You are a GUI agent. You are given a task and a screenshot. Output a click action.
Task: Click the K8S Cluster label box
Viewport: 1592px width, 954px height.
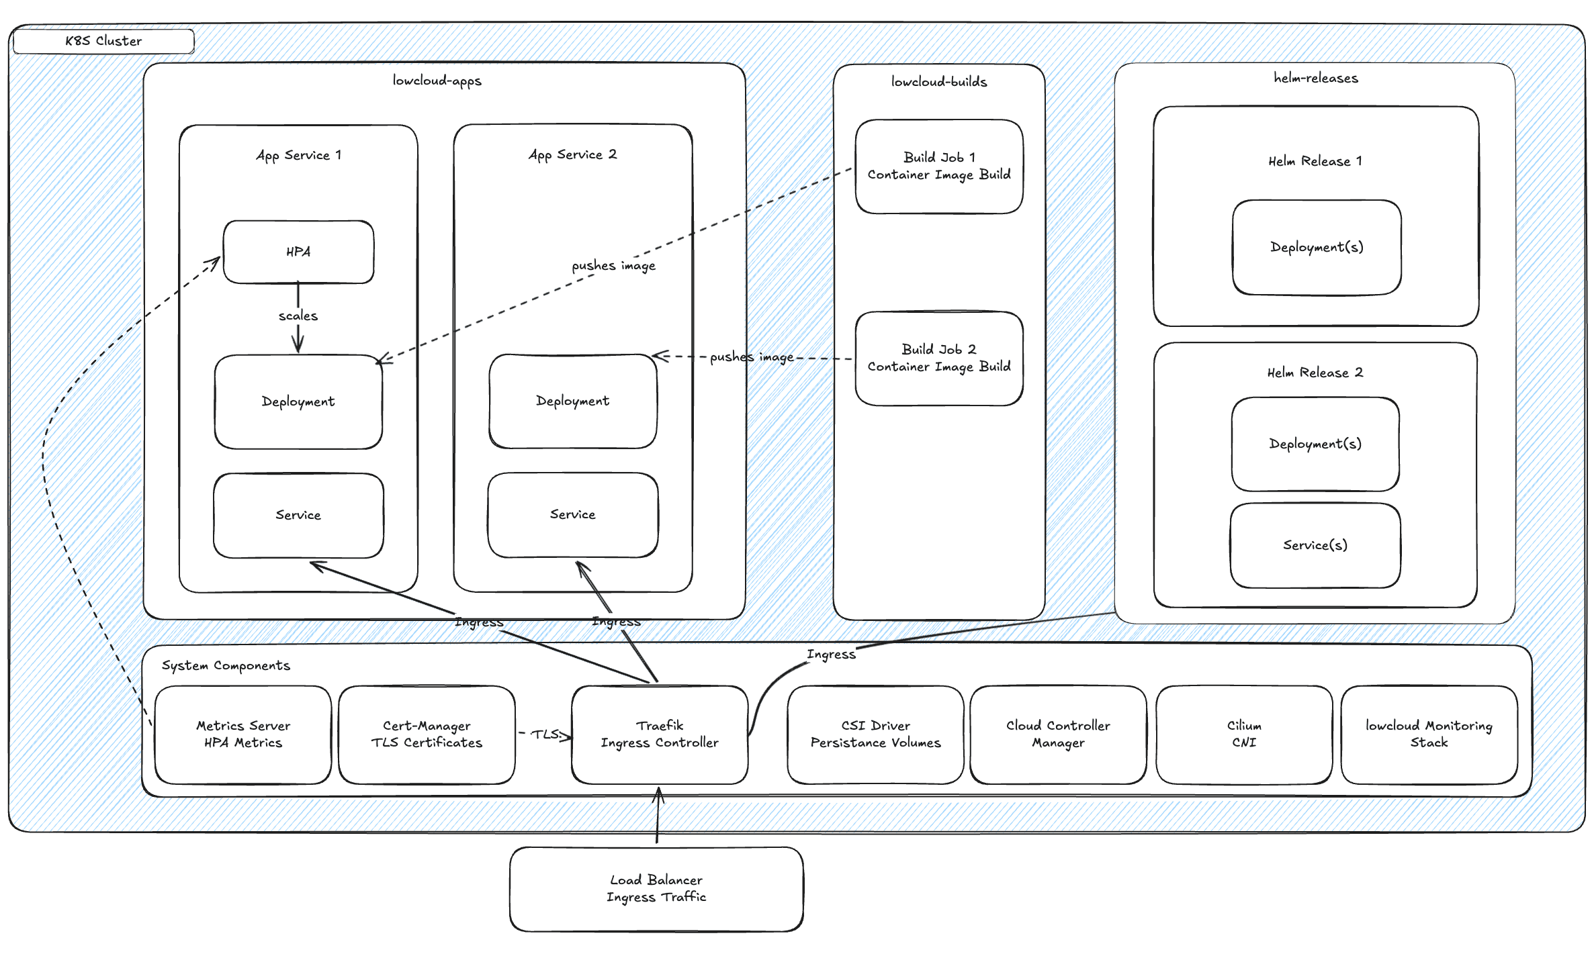103,41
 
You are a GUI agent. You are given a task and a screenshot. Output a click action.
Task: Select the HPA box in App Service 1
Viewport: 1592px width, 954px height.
298,252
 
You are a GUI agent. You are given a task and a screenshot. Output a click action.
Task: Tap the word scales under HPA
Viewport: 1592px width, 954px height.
298,316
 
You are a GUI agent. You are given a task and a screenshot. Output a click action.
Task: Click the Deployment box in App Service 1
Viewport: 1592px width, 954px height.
298,401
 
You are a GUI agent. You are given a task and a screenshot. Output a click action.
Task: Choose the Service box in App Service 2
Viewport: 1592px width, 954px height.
572,514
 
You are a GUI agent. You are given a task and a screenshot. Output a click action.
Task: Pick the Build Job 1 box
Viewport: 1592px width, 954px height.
938,166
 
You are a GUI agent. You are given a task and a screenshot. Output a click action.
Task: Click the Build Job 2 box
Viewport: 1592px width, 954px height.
938,358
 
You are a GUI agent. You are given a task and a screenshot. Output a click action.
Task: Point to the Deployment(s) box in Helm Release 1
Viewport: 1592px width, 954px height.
1317,247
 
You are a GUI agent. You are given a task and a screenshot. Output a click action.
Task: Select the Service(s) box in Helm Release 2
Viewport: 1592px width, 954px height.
1315,545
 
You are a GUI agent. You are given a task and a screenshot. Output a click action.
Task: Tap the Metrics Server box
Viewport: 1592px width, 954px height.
243,734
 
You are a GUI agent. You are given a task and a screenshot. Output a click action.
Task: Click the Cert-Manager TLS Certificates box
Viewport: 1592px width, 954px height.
427,734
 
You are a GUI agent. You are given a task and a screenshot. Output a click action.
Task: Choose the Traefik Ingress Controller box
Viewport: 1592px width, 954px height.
659,734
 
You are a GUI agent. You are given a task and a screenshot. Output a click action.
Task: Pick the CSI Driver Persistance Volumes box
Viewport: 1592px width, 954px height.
875,734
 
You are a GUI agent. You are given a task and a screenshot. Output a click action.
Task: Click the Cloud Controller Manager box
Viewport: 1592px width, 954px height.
1058,734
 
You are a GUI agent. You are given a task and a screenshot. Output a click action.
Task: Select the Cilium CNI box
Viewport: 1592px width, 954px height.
1243,734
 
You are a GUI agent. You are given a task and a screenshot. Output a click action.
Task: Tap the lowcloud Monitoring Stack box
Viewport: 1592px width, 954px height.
1429,734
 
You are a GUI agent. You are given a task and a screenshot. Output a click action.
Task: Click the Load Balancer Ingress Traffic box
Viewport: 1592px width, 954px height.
656,888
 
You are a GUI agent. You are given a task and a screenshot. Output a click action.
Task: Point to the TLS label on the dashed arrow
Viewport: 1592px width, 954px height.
545,734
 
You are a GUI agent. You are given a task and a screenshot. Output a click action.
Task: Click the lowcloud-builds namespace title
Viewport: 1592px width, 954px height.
938,82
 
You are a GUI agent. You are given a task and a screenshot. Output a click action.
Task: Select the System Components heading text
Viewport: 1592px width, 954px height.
226,665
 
